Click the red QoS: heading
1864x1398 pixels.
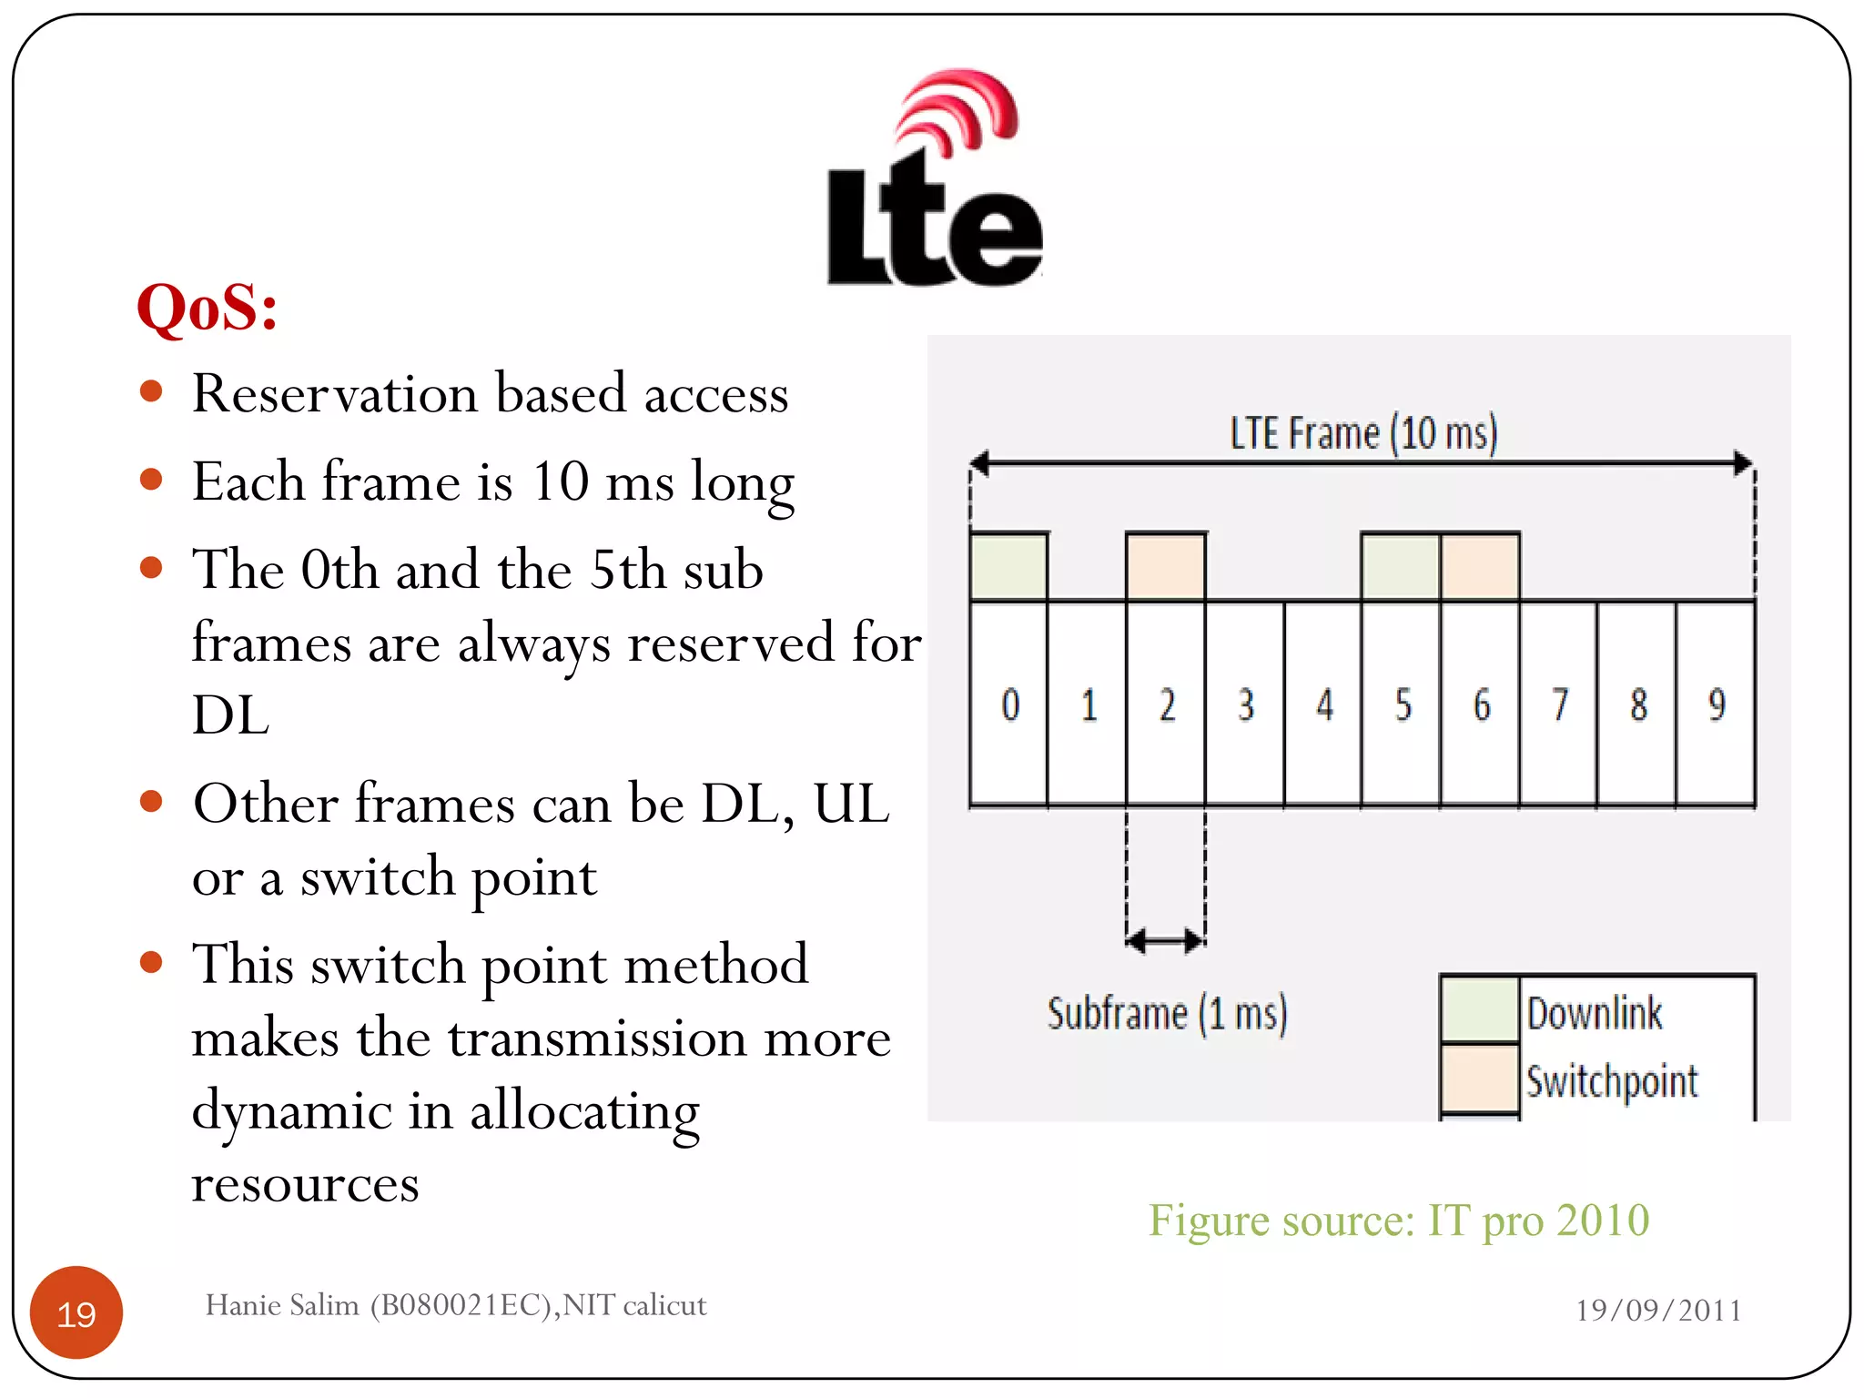tap(208, 308)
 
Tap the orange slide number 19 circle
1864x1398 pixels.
tap(76, 1313)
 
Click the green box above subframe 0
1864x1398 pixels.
tap(1009, 566)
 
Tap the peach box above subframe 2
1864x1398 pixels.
tap(1166, 566)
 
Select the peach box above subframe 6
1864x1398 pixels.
tap(1480, 566)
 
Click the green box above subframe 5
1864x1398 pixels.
tap(1401, 566)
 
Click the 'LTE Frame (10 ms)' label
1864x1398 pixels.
tap(1363, 433)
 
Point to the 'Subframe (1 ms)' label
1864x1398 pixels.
tap(1167, 1013)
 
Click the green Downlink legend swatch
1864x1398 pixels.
tap(1480, 1009)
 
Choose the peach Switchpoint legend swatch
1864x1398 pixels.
tap(1480, 1079)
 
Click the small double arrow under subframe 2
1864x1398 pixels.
tap(1166, 941)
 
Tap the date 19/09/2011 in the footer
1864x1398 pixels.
tap(1658, 1311)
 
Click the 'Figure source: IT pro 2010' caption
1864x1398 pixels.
tap(1398, 1221)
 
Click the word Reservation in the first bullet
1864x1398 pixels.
tap(335, 394)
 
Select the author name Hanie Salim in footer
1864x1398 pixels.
tap(282, 1305)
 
